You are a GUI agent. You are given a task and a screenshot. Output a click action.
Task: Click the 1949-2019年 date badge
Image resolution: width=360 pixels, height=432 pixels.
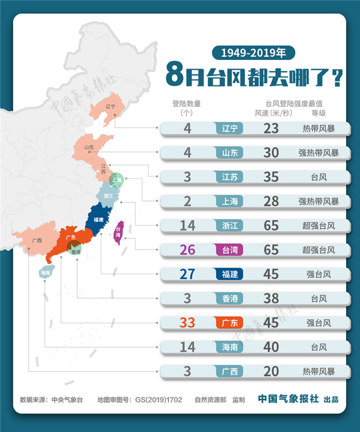253,52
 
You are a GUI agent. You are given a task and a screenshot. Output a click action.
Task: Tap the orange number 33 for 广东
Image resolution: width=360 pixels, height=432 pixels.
188,323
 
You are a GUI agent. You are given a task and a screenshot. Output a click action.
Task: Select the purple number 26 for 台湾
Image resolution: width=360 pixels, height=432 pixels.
188,250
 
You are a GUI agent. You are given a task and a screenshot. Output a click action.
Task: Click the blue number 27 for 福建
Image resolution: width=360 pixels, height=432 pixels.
188,274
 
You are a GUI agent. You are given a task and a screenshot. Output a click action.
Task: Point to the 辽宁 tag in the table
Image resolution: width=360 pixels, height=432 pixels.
230,128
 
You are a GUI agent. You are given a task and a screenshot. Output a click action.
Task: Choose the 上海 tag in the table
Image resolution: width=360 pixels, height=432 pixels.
230,201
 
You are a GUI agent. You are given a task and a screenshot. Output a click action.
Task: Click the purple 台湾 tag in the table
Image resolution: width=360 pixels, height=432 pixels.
230,250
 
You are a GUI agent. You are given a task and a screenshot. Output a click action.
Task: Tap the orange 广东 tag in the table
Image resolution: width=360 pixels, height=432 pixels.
230,323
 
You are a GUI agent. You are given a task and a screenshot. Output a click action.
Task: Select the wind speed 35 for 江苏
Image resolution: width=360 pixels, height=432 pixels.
271,177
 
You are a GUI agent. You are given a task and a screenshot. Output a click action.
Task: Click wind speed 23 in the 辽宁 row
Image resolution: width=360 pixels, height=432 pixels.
271,128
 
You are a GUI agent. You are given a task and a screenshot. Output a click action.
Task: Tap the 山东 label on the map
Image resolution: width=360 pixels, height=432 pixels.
89,146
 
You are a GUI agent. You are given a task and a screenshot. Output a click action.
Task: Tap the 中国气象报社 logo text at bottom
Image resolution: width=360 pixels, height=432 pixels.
288,398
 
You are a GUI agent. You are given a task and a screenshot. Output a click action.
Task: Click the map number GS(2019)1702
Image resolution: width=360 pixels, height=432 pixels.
158,399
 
